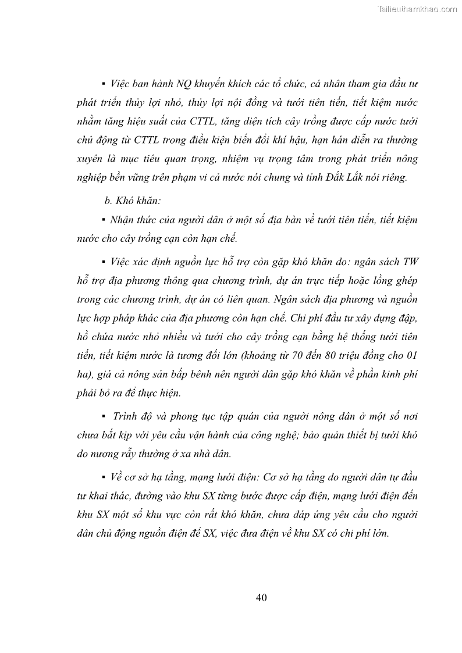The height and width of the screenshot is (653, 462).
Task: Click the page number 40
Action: (x=261, y=598)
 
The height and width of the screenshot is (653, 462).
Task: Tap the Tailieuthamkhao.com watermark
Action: (x=417, y=9)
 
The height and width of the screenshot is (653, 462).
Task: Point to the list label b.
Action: (x=108, y=201)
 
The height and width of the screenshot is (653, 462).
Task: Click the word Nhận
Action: (x=122, y=220)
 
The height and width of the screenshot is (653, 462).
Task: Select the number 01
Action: (x=412, y=356)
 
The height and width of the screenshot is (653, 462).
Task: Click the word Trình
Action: (x=126, y=417)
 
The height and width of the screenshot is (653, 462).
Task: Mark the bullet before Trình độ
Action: (x=103, y=417)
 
